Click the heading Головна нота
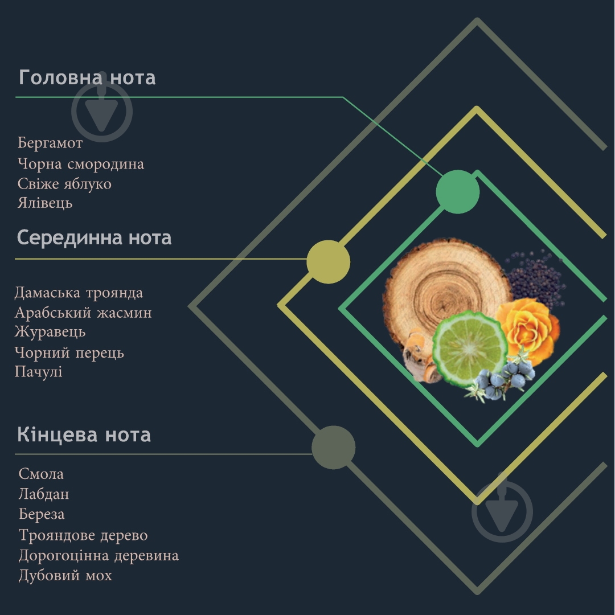tap(87, 77)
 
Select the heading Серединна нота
tap(94, 237)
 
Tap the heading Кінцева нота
tap(84, 435)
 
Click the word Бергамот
tap(50, 143)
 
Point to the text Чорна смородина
tap(81, 164)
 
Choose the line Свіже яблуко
tap(65, 184)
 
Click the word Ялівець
tap(45, 203)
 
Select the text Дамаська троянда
tap(79, 293)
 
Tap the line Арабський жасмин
tap(83, 313)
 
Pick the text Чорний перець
tap(69, 352)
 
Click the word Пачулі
tap(39, 372)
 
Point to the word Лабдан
tap(44, 494)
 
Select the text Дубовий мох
tap(65, 576)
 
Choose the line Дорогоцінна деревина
tap(99, 556)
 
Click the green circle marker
tap(458, 192)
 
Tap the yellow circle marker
tap(329, 262)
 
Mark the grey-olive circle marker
tap(333, 448)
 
